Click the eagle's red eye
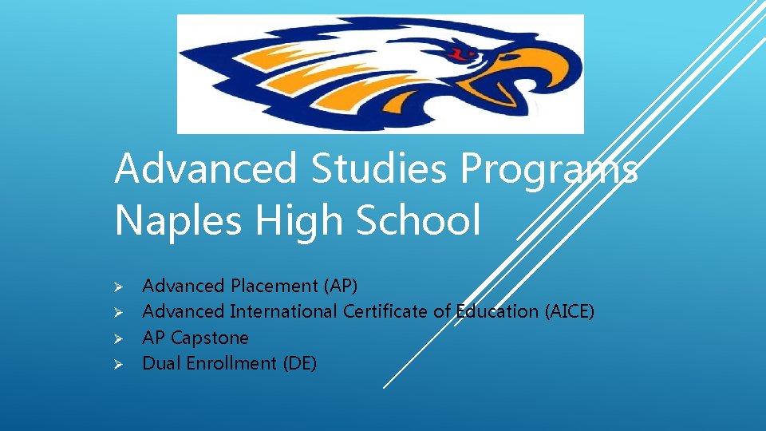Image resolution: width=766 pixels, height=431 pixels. [x=461, y=55]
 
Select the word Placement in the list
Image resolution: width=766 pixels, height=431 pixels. [x=274, y=286]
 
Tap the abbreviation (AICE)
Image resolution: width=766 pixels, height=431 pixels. [x=569, y=311]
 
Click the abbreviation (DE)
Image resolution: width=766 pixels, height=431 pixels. [x=299, y=363]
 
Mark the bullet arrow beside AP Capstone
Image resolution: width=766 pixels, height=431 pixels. [x=116, y=338]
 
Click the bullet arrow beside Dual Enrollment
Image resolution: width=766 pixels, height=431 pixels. [x=116, y=364]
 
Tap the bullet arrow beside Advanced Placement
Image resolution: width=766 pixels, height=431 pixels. [x=116, y=287]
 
